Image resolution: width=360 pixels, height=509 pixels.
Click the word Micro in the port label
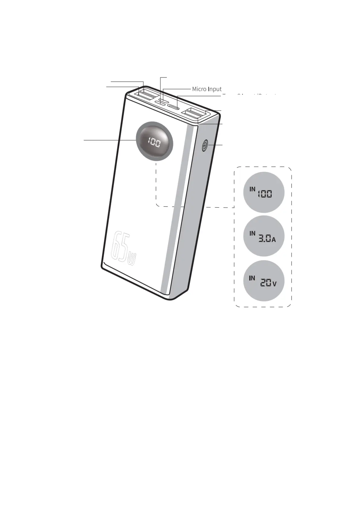(199, 89)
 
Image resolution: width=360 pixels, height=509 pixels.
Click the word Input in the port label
(214, 89)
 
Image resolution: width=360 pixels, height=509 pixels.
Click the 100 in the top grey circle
(265, 194)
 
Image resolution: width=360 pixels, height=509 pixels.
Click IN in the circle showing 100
(252, 189)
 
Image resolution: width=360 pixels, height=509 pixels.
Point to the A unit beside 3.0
(274, 240)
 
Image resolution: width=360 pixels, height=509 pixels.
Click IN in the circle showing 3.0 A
(252, 233)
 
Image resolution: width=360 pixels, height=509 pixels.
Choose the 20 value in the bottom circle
(266, 283)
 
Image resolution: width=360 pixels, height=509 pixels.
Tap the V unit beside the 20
(274, 284)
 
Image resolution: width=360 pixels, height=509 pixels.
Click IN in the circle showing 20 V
(252, 278)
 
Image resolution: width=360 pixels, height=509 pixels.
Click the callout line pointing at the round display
(109, 140)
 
